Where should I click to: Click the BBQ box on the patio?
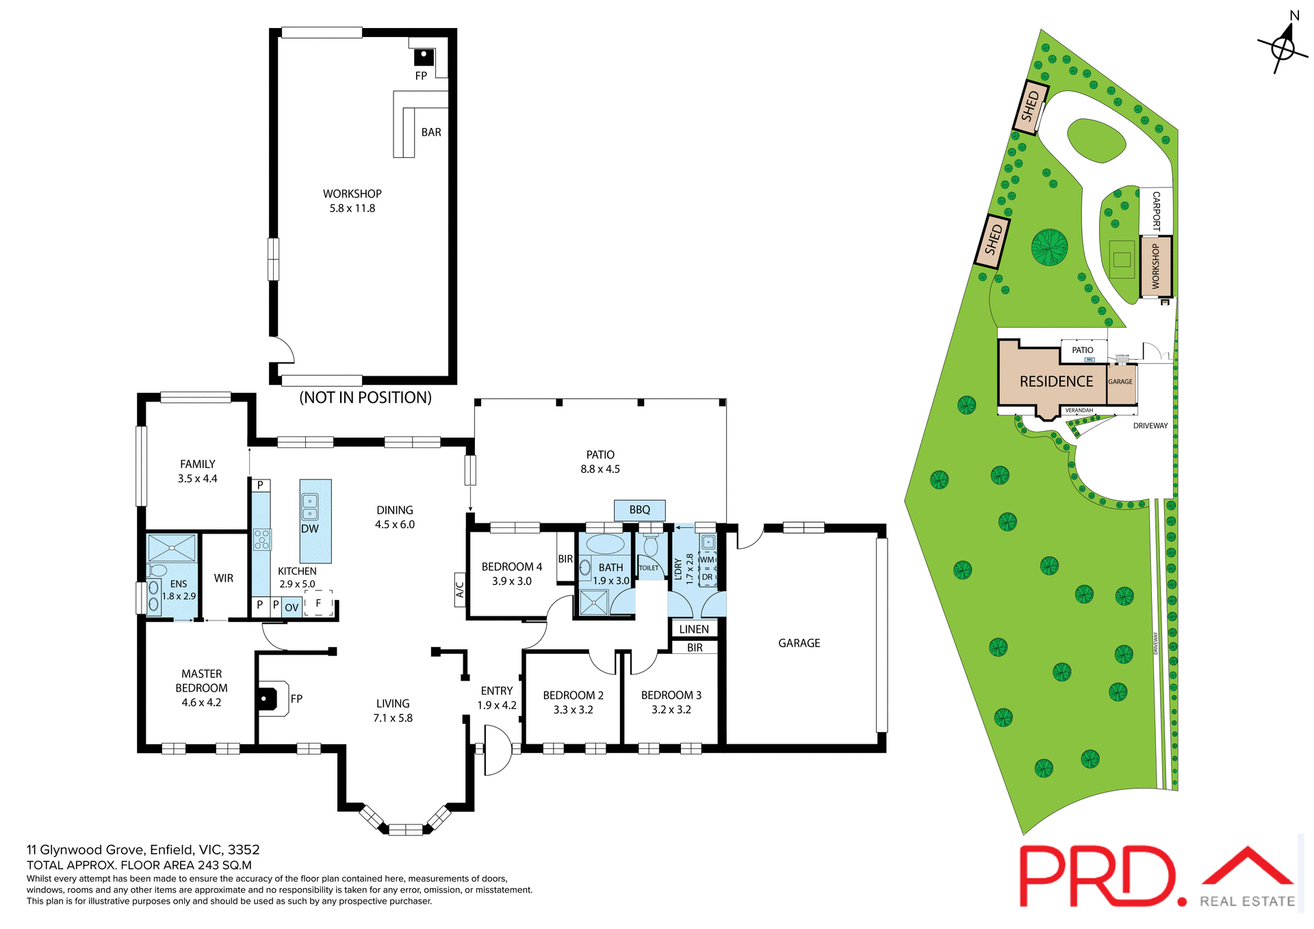point(639,510)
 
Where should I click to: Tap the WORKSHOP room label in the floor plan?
point(352,194)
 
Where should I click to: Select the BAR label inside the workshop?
point(431,133)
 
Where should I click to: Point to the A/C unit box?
point(460,590)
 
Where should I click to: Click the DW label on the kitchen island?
point(310,529)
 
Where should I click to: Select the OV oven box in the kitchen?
point(292,607)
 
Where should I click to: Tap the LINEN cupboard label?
point(694,629)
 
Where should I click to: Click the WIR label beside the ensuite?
point(224,579)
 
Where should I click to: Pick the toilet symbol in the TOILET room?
point(650,547)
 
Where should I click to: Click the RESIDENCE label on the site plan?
point(1056,382)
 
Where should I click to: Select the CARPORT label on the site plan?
point(1156,211)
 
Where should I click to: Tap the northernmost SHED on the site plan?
point(1031,105)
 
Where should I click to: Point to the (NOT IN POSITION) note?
point(365,398)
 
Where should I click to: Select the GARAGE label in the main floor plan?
point(799,643)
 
